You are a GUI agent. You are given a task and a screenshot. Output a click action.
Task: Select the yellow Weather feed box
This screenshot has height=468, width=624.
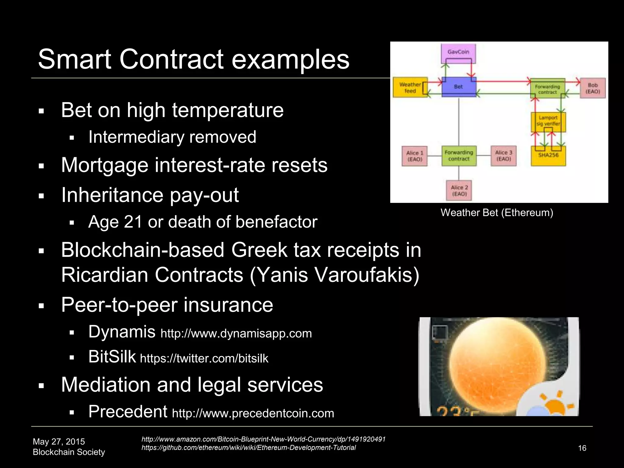coord(410,88)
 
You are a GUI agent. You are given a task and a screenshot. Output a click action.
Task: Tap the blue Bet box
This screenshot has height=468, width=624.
coord(459,87)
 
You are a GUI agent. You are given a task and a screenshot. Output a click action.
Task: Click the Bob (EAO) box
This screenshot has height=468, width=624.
coord(593,88)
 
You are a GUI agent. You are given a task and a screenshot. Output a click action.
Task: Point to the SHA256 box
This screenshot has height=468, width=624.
coord(548,156)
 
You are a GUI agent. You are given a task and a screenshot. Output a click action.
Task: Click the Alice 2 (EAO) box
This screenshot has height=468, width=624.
coord(459,191)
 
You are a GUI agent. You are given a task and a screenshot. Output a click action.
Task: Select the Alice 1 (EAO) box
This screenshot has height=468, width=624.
coord(415,156)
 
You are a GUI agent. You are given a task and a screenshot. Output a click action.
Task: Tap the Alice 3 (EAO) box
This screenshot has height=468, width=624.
coord(503,156)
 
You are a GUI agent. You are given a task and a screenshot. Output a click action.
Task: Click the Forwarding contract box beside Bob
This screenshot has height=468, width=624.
coord(548,89)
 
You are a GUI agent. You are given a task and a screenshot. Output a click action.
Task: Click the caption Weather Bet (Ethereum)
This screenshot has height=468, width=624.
coord(497,213)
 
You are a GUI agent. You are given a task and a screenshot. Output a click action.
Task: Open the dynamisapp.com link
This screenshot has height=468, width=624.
coord(236,334)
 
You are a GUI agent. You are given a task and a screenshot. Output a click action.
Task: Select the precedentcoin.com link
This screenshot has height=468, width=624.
coord(253,413)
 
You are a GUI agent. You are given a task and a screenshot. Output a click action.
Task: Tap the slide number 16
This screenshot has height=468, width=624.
coord(582,448)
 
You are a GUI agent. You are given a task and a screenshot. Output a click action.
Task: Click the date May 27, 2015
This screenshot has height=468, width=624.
coord(59,441)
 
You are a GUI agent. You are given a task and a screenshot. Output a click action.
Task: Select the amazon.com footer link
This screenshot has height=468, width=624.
coord(264,439)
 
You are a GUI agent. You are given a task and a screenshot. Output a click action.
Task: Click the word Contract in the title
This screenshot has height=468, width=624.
coord(172,59)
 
